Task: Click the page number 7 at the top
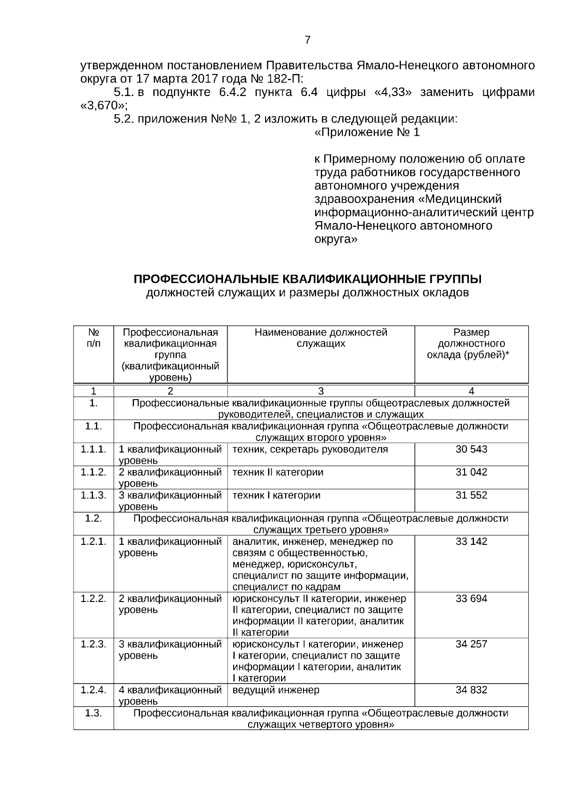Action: point(307,40)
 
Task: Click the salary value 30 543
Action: point(471,449)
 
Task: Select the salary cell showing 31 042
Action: point(471,472)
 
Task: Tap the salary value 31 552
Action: point(471,495)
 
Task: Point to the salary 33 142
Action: point(471,542)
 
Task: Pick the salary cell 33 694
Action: point(471,599)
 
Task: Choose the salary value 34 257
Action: point(471,644)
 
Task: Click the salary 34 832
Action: point(471,690)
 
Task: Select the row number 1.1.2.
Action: point(93,472)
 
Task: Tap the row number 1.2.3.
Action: point(93,644)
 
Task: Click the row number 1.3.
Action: point(93,713)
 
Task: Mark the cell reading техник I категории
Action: point(276,495)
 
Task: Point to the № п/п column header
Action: point(93,338)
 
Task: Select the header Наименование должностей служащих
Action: point(321,338)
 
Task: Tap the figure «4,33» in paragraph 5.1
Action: point(393,92)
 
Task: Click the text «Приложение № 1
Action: point(367,133)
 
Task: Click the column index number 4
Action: point(471,391)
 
